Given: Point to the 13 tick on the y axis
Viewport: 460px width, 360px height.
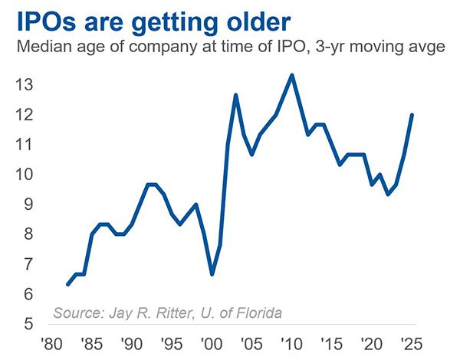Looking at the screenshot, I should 26,85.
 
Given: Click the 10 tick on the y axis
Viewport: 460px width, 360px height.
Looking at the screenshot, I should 26,175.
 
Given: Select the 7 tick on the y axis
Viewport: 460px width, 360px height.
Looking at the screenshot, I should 30,264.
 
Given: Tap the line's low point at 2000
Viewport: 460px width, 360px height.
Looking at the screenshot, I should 212,274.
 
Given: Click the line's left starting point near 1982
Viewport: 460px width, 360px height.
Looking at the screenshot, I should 67,284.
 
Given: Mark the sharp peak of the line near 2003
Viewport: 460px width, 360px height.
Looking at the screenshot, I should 235,95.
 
